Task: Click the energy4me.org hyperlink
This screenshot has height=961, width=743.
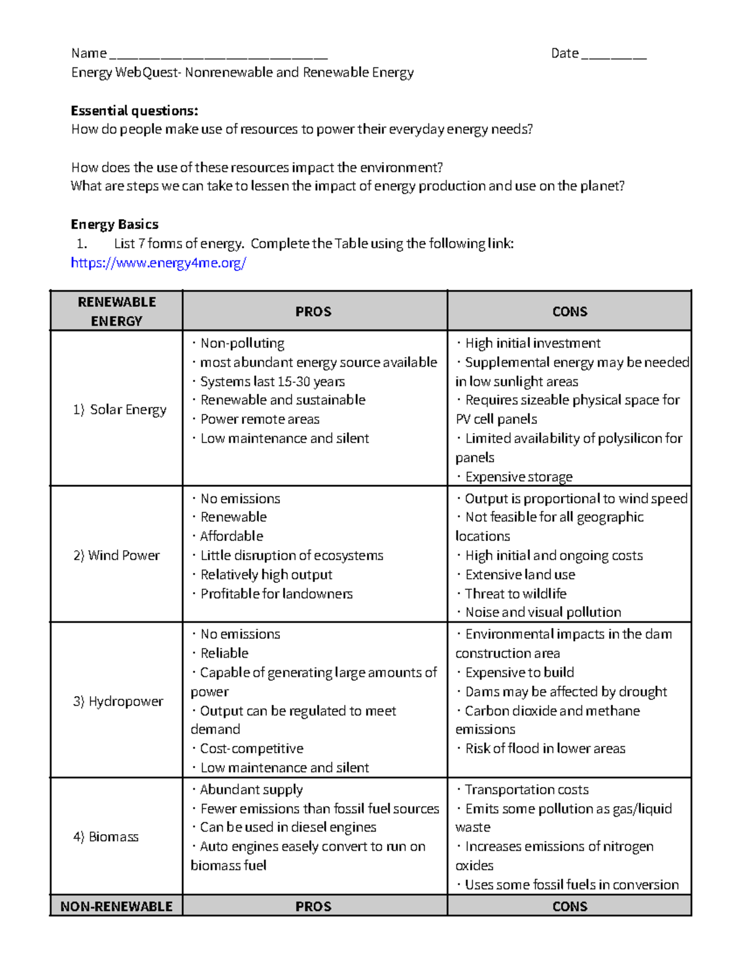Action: coord(159,263)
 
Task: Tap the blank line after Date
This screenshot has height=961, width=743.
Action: coord(614,54)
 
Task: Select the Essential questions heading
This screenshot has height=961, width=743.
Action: coord(134,111)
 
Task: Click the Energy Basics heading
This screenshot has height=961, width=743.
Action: coord(115,224)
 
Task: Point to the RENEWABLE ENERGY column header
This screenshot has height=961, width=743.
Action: coord(116,311)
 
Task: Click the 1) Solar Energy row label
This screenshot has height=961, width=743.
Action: coord(119,410)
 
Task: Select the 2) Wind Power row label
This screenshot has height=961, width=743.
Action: coord(116,555)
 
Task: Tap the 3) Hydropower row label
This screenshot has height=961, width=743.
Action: coord(118,701)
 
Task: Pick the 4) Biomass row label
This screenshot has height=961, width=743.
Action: coord(106,837)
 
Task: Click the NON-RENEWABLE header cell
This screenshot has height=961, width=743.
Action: coord(116,907)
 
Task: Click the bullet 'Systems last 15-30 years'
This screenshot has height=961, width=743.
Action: coord(272,381)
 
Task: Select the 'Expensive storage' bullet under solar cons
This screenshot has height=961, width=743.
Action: coord(518,476)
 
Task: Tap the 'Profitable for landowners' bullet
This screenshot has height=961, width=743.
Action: coord(276,593)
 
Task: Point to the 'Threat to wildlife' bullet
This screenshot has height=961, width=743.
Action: coord(515,593)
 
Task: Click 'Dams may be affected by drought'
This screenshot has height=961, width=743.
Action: coord(566,691)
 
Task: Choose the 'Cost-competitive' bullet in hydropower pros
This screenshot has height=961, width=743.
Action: coord(251,748)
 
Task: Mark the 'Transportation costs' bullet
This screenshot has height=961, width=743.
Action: coord(526,790)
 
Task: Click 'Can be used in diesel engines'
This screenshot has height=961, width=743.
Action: coord(288,827)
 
